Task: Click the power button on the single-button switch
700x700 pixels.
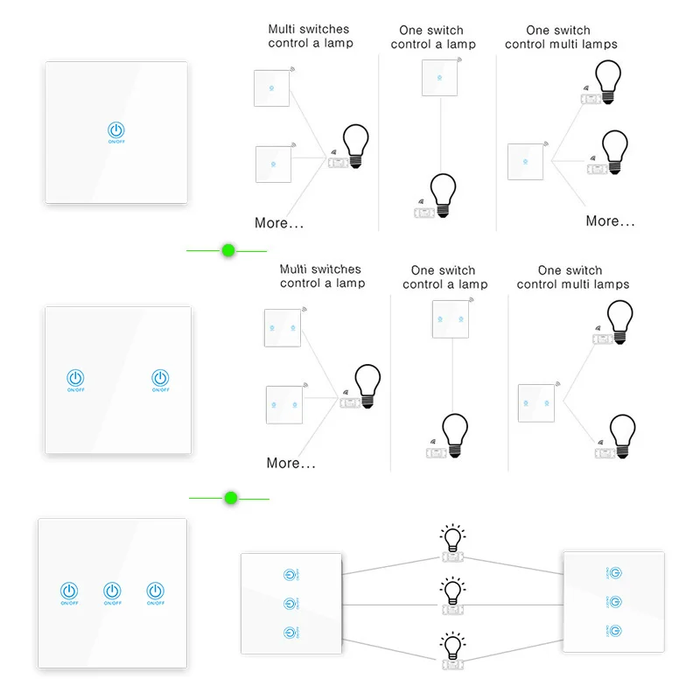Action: [116, 131]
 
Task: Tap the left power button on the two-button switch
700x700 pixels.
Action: [76, 378]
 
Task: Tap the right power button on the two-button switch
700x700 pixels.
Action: [160, 378]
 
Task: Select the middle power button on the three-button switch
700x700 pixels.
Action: [112, 591]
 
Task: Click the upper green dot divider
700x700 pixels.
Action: [229, 251]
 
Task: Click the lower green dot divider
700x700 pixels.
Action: [231, 499]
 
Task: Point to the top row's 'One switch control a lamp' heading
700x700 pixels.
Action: [433, 38]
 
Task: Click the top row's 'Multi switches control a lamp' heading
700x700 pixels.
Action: [311, 36]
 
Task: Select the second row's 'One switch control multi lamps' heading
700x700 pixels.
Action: [572, 277]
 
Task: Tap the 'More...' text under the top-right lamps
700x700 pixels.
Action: [610, 221]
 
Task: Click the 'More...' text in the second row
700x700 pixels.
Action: [290, 463]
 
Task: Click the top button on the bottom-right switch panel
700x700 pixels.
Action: [616, 572]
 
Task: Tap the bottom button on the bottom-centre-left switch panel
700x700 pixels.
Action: [290, 633]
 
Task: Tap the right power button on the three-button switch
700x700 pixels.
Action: [155, 591]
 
